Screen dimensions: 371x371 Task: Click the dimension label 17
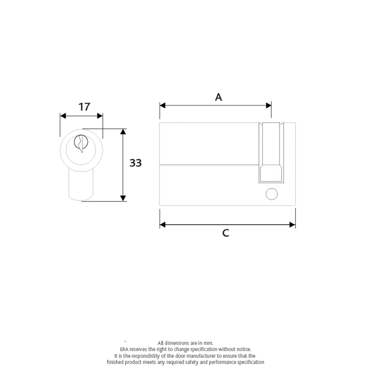[x=84, y=107]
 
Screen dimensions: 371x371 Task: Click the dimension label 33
[x=135, y=163]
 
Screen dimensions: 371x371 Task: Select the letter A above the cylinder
[x=218, y=97]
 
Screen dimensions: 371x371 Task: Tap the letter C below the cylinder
[x=226, y=233]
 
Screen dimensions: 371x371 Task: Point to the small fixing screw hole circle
[x=271, y=194]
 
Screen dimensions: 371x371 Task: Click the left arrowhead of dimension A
[x=163, y=105]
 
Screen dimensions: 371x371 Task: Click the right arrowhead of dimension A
[x=268, y=105]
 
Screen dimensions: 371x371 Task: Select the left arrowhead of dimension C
[x=163, y=225]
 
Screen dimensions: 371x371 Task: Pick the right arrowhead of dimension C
[x=292, y=225]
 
